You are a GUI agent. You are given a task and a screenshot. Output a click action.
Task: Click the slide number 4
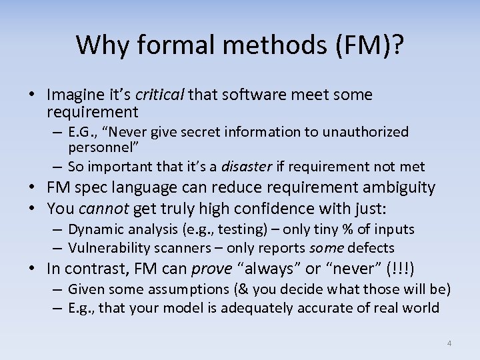[449, 343]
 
